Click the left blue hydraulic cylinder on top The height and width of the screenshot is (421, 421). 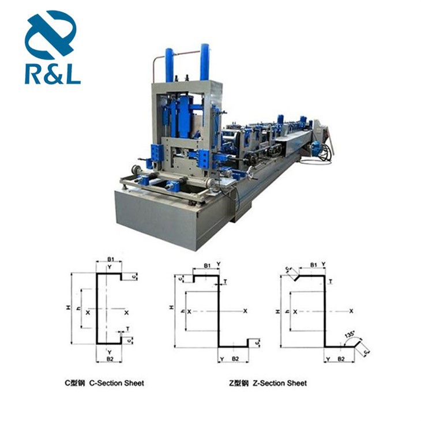[x=170, y=64]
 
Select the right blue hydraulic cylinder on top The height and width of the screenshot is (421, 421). [x=205, y=61]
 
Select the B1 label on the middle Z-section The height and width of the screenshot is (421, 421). [x=206, y=265]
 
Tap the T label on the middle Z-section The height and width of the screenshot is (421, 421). [x=225, y=281]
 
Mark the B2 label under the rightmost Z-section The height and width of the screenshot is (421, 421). [x=341, y=359]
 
